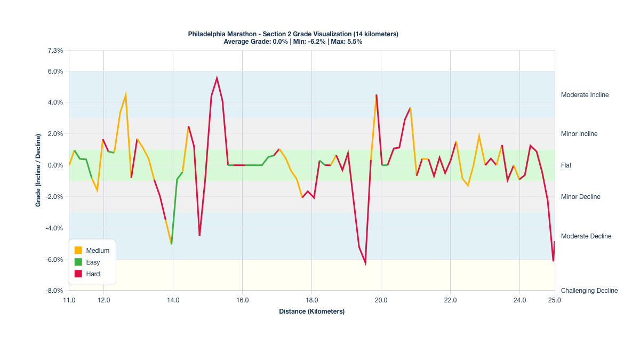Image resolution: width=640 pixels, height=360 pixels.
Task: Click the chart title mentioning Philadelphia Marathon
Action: tap(293, 34)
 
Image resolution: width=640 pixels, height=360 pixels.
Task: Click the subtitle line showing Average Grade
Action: tap(293, 42)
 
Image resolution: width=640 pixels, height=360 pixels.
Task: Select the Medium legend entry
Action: tap(98, 250)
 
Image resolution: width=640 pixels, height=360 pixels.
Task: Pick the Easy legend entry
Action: tap(93, 262)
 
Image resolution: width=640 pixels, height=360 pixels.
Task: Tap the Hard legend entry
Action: tap(93, 274)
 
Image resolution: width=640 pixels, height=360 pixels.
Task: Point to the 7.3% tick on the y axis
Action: tap(55, 51)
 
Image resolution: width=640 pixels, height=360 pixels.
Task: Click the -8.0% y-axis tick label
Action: tap(54, 291)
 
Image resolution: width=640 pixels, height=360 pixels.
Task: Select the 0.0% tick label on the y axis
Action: tap(55, 165)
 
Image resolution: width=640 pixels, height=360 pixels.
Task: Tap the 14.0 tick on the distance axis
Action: tap(173, 300)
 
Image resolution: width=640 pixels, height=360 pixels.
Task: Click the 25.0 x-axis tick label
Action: tap(555, 300)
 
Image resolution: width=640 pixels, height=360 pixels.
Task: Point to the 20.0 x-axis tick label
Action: tap(381, 300)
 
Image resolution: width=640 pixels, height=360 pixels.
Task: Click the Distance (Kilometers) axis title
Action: tap(311, 311)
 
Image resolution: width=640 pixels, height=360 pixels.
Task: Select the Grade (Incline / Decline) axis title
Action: tap(38, 171)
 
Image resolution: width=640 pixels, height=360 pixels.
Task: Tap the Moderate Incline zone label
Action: tap(585, 95)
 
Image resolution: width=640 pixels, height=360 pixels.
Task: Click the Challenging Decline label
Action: tap(589, 291)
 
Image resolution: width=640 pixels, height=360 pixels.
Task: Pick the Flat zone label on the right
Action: tap(566, 165)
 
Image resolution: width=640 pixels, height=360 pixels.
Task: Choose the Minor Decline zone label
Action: tap(580, 197)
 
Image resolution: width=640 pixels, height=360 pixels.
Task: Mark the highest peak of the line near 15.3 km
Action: tap(217, 78)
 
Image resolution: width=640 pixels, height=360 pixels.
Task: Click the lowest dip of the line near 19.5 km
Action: tap(365, 263)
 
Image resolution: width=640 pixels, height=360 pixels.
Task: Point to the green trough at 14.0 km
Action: tap(171, 244)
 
